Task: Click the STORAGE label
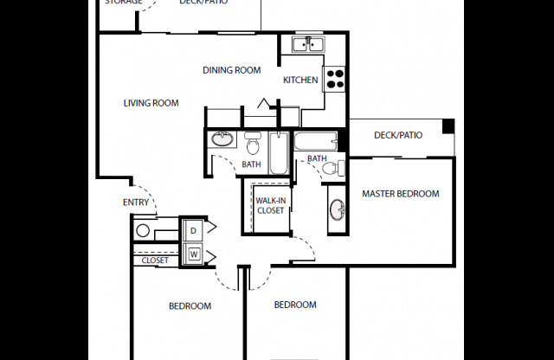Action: coord(123,3)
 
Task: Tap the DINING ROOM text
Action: coord(232,70)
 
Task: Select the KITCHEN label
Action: coord(300,80)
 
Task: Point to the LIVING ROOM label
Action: coord(151,103)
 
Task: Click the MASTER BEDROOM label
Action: coord(400,194)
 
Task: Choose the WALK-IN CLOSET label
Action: coord(270,205)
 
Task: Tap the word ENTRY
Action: coord(136,203)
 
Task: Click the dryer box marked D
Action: coord(191,230)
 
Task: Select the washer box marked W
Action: coord(191,254)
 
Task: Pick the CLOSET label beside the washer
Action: coord(155,259)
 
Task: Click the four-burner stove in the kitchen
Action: coord(334,79)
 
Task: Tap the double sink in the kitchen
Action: coord(306,44)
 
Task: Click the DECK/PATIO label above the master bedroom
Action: coord(397,135)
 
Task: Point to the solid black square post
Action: coord(448,126)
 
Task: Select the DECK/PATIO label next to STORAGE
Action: coord(203,3)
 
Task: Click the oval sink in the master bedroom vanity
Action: coord(337,211)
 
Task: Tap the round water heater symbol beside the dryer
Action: coord(144,231)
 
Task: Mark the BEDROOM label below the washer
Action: coord(190,305)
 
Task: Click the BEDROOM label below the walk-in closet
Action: coord(295,305)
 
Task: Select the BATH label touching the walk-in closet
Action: coord(251,164)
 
